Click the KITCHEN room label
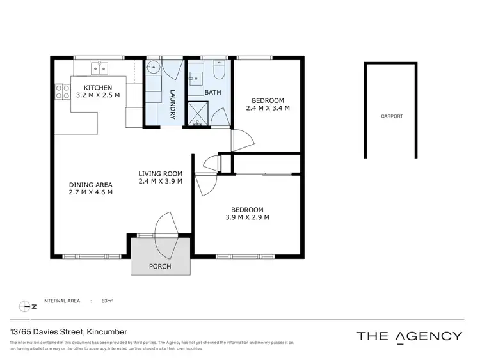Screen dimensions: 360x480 pos(94,88)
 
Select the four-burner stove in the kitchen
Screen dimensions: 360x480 pos(62,91)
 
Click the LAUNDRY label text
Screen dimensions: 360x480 pos(172,103)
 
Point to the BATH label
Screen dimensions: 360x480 pos(212,93)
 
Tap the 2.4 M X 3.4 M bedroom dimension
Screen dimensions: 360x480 pos(268,108)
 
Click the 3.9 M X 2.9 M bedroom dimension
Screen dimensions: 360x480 pos(247,217)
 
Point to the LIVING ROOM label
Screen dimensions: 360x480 pos(161,173)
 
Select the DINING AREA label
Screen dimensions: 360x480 pos(91,185)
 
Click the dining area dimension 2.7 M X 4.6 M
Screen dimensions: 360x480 pos(91,192)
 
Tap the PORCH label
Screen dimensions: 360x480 pos(159,266)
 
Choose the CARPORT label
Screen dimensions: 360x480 pos(392,116)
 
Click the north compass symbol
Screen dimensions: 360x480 pos(26,306)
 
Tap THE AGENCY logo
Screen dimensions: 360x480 pos(408,336)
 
